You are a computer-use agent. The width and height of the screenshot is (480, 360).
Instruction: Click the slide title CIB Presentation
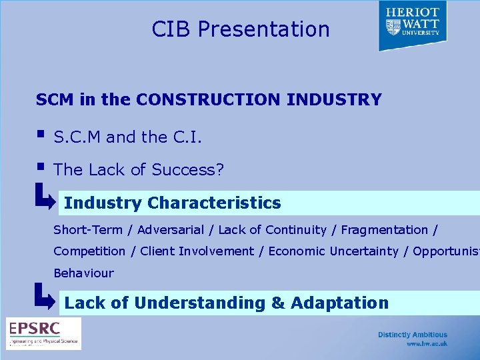[241, 29]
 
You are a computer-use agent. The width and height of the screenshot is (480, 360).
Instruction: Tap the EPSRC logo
[43, 333]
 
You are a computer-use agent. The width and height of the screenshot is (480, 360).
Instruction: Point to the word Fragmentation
[385, 230]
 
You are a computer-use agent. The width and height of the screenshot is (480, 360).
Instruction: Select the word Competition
[89, 251]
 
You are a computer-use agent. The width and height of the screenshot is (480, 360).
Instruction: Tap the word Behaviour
[83, 273]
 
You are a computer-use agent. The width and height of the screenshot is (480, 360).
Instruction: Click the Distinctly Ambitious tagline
[413, 335]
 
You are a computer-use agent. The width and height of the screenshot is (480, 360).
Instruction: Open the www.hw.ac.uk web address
[427, 344]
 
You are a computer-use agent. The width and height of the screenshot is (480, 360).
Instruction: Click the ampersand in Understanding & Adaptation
[277, 303]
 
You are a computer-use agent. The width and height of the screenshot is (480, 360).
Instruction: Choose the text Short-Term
[88, 230]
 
